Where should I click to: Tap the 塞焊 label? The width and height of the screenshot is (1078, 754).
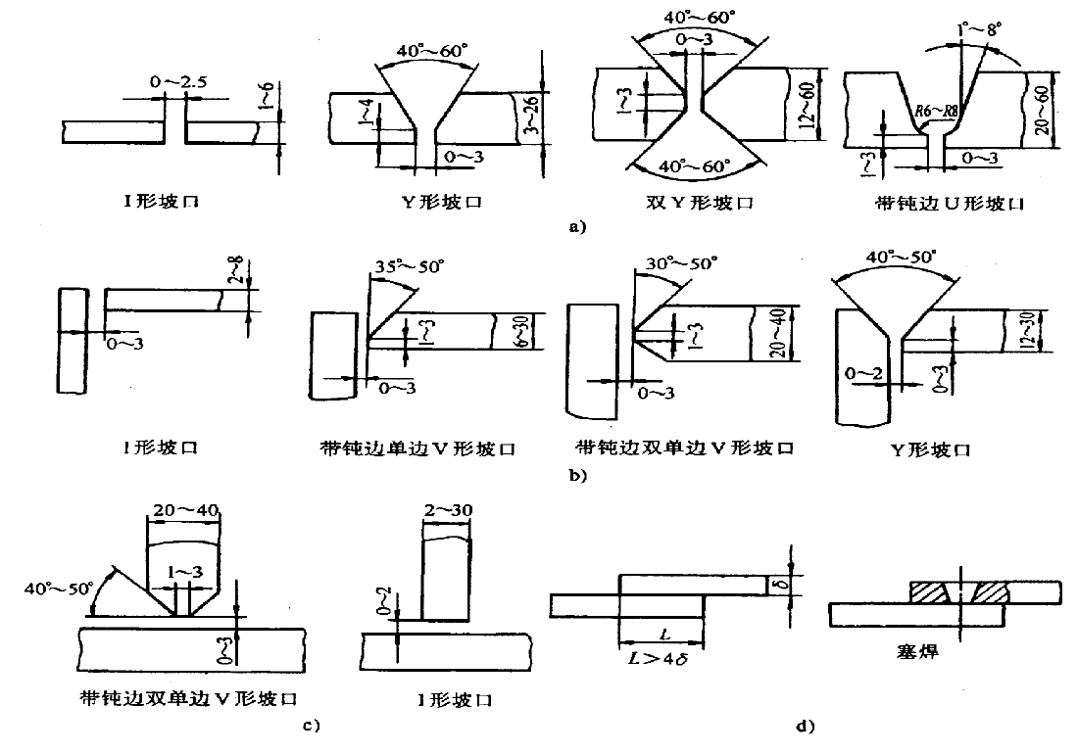point(918,649)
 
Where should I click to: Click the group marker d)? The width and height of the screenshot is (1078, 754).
point(806,726)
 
